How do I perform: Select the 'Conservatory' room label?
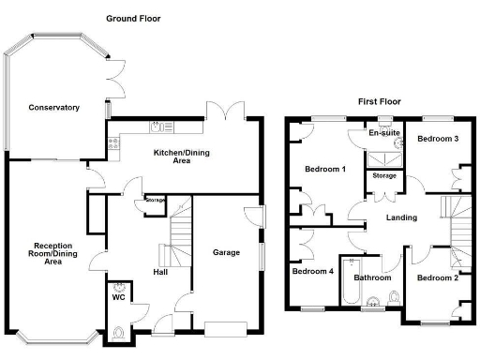pos(52,106)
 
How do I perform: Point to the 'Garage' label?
pos(226,252)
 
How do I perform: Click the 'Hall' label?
pos(160,273)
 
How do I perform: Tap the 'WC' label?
pos(119,297)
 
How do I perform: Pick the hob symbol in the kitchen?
pos(114,142)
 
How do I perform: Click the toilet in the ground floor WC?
pos(118,332)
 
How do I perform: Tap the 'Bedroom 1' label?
pos(324,169)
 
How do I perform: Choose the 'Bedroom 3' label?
pos(438,139)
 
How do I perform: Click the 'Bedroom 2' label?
pos(438,277)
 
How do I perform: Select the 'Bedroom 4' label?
pos(312,272)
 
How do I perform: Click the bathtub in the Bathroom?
pos(350,282)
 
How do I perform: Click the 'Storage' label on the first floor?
pos(384,175)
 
